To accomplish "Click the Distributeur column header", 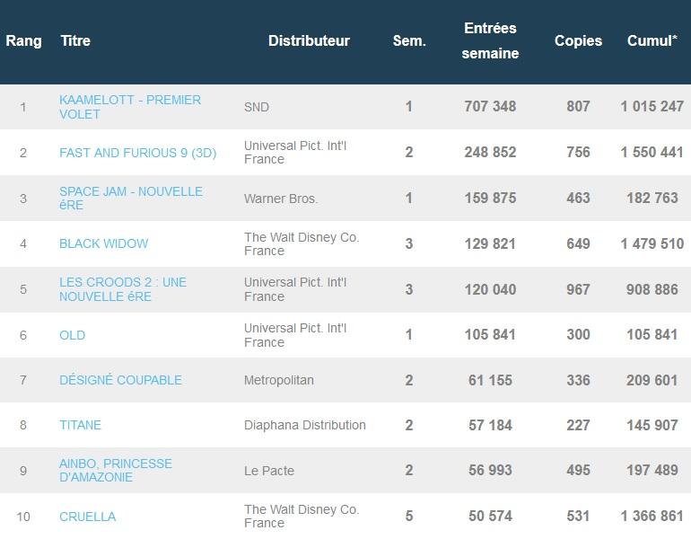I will pos(309,41).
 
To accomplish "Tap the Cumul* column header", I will pos(652,41).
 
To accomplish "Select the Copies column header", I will pos(578,41).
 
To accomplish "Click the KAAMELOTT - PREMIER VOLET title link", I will pos(129,107).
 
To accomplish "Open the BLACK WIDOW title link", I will pos(103,243).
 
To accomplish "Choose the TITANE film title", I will pos(80,425).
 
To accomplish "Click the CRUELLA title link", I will pos(87,517).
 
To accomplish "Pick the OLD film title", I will pos(72,335).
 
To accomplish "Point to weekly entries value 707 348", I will pos(490,107).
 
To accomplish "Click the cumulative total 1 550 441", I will pos(652,153).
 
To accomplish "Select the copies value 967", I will pos(578,289).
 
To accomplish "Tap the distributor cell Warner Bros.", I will pos(281,199).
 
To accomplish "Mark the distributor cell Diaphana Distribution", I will pos(305,425).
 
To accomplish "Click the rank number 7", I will pos(23,380).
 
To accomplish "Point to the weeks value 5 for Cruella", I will pos(409,517).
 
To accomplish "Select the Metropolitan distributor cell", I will pos(279,380).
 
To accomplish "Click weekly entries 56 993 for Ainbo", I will pos(490,471).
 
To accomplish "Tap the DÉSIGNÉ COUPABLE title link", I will pos(120,380).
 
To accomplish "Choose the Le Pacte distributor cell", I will pos(269,471).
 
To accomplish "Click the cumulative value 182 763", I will pos(652,199).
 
